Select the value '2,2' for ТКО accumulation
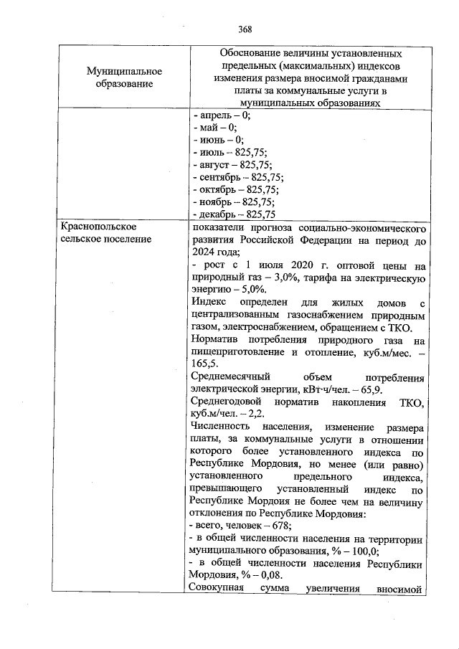coord(257,414)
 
